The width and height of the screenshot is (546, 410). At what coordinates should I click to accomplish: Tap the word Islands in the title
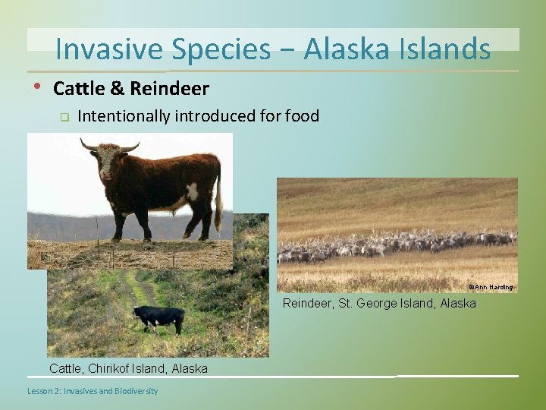(x=447, y=49)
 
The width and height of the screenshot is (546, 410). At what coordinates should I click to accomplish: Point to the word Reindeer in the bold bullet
(x=169, y=89)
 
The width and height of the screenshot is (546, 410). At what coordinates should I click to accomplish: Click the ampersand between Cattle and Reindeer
(x=118, y=89)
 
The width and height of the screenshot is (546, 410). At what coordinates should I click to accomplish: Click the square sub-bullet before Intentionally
(x=64, y=117)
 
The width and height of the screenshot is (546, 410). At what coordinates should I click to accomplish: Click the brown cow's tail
(x=218, y=201)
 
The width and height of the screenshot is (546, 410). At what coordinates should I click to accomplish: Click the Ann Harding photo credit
(x=491, y=287)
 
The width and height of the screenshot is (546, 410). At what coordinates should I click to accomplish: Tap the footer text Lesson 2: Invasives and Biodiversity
(x=93, y=391)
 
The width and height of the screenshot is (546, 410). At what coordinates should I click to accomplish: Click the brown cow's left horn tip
(x=83, y=140)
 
